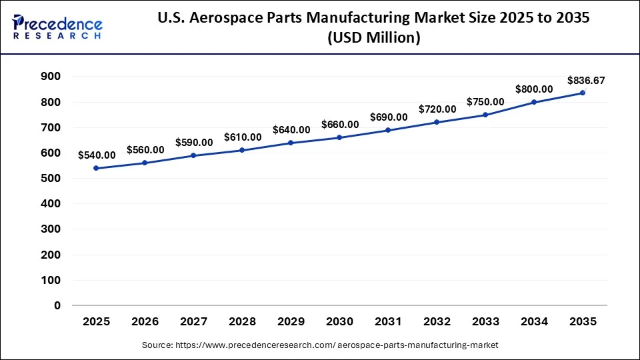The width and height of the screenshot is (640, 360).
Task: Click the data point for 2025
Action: pos(97,168)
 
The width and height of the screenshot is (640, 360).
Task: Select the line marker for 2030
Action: pos(339,137)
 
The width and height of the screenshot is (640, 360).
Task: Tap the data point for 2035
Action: pos(583,93)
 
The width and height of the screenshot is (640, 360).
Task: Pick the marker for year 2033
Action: pos(485,115)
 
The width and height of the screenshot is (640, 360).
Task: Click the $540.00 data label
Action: pos(97,155)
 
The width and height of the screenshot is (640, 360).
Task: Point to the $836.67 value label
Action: pos(586,81)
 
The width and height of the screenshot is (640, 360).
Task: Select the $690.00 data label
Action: pos(389,117)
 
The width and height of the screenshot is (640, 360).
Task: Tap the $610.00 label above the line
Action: pos(243,137)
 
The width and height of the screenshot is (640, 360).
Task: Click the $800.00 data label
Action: pos(534,89)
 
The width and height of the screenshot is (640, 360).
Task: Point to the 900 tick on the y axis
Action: pos(51,77)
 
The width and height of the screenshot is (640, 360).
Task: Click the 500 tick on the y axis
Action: pos(51,179)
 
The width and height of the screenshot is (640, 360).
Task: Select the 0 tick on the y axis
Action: pos(57,306)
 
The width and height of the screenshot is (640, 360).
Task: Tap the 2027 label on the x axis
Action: pos(194,322)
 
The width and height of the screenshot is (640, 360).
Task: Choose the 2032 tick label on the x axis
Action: pos(437,322)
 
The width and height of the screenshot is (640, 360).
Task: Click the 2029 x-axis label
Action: pos(291,322)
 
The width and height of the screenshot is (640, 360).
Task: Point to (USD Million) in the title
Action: pos(373,39)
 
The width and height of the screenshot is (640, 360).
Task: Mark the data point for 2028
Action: pos(243,150)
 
